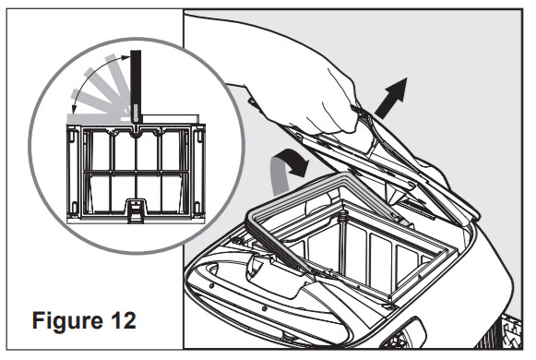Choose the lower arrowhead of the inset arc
pyautogui.click(x=75, y=109)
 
